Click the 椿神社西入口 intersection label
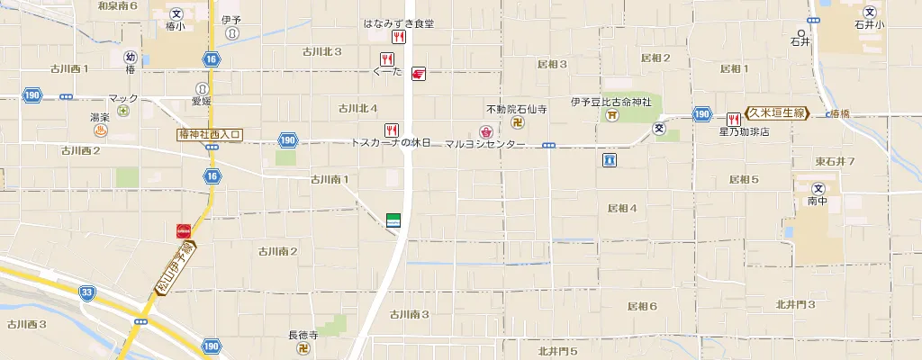(211, 134)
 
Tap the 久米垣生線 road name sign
(777, 112)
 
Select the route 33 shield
(86, 292)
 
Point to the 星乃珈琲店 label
(744, 131)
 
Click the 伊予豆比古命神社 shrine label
(616, 102)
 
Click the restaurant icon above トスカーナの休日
(392, 130)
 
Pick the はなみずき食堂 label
(399, 24)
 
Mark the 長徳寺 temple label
(303, 336)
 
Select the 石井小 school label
(870, 25)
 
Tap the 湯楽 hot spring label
(99, 117)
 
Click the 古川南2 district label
(277, 251)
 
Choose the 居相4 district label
(622, 208)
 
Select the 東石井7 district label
(835, 161)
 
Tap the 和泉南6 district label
(117, 5)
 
